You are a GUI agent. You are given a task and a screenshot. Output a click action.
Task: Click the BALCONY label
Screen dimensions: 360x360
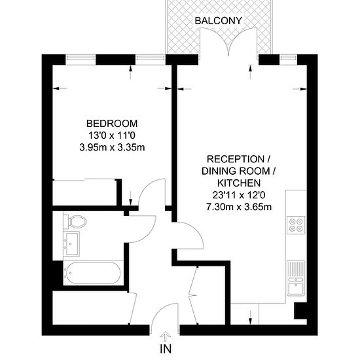218,21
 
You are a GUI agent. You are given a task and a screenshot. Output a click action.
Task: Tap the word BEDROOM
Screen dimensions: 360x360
112,124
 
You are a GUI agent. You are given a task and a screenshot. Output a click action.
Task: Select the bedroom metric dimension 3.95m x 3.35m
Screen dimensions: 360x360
112,147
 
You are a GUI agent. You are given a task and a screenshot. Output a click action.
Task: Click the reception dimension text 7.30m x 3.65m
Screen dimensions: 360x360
239,207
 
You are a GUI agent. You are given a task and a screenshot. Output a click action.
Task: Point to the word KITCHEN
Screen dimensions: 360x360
239,183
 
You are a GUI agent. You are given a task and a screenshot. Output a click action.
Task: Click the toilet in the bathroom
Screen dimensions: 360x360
75,222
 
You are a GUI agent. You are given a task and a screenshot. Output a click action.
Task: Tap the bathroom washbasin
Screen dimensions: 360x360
71,243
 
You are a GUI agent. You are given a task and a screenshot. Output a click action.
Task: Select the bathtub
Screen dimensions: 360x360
92,273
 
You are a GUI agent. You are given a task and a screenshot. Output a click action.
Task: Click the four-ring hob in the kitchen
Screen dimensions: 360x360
296,225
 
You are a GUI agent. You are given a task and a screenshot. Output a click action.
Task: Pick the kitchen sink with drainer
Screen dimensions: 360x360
296,278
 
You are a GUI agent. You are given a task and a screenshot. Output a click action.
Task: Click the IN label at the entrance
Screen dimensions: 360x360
166,349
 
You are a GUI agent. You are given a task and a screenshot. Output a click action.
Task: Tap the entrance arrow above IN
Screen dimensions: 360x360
166,336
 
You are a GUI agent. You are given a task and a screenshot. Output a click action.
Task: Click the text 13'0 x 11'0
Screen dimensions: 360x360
112,135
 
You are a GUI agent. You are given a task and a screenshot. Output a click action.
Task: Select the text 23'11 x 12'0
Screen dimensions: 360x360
239,195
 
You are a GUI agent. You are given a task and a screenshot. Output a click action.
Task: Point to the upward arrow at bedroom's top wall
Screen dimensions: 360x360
131,73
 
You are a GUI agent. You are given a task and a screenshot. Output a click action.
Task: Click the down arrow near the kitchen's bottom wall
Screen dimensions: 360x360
250,317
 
